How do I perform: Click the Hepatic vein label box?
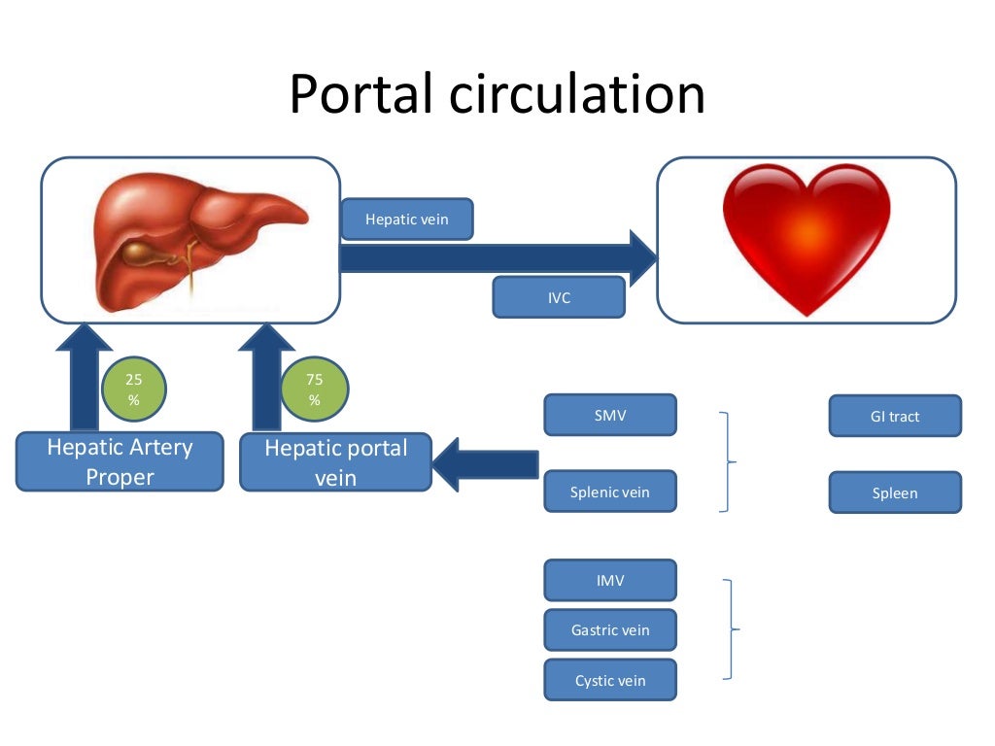[407, 219]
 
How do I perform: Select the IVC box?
[559, 297]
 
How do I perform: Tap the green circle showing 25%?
[133, 389]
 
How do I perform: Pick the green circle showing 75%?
[315, 389]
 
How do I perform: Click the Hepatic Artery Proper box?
[120, 461]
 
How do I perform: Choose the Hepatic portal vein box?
[335, 461]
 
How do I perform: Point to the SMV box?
[610, 415]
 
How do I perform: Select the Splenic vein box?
[610, 491]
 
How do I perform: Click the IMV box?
[610, 580]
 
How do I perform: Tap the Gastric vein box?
[610, 629]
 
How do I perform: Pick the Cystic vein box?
[610, 680]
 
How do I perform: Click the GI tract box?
[895, 416]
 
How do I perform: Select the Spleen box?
[895, 492]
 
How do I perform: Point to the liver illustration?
[196, 241]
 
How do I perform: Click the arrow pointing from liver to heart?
[498, 258]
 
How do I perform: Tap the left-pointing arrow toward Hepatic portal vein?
[486, 464]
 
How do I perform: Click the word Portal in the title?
[360, 94]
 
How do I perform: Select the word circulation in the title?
[577, 94]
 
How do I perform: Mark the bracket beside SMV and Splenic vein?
[728, 461]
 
